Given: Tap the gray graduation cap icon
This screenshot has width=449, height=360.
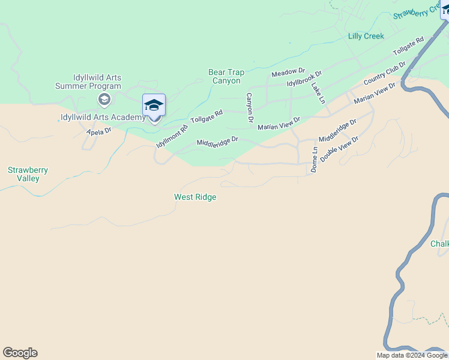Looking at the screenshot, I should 103,99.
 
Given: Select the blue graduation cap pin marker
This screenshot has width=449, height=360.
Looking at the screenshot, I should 154,106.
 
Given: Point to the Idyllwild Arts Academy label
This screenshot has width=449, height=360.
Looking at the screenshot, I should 103,117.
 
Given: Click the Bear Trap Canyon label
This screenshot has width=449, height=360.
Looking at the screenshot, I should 225,76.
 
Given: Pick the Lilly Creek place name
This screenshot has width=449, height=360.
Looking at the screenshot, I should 366,37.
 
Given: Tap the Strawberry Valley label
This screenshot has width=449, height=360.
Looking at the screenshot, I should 28,174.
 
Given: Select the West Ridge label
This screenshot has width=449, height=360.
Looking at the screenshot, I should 195,197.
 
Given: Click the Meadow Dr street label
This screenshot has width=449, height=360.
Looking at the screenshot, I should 288,73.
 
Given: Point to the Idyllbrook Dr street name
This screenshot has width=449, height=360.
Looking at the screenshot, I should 304,79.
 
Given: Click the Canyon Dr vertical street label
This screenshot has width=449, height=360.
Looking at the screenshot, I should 249,109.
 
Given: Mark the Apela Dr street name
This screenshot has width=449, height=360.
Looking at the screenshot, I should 99,131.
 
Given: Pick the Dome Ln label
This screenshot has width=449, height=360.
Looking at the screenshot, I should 314,159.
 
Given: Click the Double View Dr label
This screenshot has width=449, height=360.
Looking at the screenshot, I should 339,149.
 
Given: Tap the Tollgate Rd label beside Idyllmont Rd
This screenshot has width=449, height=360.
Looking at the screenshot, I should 206,116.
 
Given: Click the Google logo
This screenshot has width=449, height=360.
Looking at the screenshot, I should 20,353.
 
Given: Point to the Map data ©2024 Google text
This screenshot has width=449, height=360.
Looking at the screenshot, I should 412,355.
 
